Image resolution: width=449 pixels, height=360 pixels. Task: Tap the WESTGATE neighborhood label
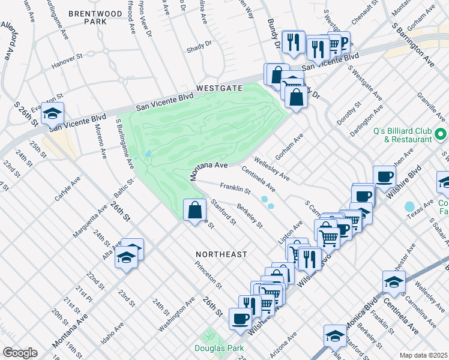[x=217, y=88]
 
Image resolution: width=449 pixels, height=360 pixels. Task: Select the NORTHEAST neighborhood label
[x=221, y=254]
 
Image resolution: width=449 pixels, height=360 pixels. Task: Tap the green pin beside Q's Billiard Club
[x=441, y=134]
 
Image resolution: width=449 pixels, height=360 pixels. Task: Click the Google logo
[x=20, y=352]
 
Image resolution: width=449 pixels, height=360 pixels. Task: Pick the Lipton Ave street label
[x=294, y=229]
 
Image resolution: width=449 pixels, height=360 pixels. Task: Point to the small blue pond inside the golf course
[x=147, y=154]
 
